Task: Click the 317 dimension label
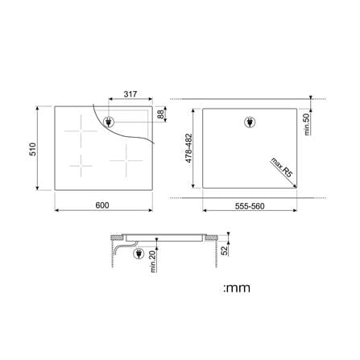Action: point(130,94)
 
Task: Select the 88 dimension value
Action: point(160,114)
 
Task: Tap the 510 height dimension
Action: point(32,149)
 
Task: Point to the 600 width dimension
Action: point(102,205)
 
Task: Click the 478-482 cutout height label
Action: point(189,148)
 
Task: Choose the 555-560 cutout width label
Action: point(250,206)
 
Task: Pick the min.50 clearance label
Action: point(307,124)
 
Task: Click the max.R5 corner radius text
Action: point(281,168)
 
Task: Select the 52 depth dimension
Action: point(224,250)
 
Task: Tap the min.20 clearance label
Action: point(153,262)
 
